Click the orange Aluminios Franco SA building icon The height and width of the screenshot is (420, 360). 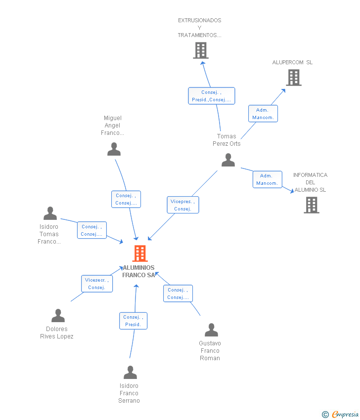(140, 253)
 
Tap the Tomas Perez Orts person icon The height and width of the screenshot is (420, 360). (228, 160)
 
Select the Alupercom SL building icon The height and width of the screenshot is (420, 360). (293, 78)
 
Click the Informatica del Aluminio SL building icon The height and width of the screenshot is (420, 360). (311, 205)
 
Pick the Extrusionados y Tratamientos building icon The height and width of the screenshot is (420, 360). (200, 50)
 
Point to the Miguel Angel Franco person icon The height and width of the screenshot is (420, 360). (114, 149)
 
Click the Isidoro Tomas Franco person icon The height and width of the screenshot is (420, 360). (50, 213)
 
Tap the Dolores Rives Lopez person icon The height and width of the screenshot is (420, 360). (58, 316)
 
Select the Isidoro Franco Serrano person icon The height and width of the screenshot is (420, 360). (130, 373)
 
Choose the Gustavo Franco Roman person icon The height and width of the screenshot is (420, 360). (211, 330)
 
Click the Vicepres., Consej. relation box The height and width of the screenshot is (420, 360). (182, 205)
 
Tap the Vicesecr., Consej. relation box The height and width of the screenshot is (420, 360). (96, 284)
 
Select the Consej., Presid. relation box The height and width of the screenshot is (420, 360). (133, 321)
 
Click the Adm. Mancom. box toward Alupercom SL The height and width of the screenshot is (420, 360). (263, 114)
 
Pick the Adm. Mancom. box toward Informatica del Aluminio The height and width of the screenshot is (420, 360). (267, 179)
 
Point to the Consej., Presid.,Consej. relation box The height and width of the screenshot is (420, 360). (211, 96)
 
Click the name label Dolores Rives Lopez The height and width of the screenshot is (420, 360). (57, 333)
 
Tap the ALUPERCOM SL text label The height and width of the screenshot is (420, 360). (292, 62)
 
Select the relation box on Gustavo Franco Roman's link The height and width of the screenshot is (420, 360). (178, 294)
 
